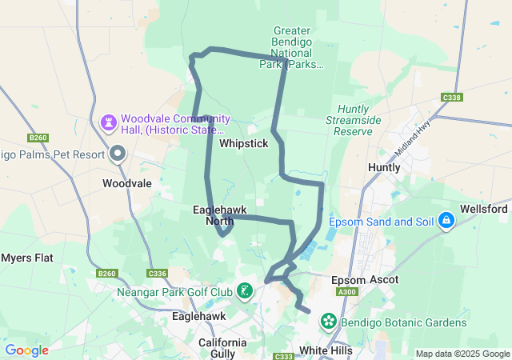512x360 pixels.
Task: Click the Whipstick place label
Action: coord(243,143)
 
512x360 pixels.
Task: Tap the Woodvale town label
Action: coord(127,183)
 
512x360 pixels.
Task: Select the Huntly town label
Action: coord(383,167)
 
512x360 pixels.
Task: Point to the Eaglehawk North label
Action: coord(219,215)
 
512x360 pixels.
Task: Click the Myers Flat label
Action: coord(26,258)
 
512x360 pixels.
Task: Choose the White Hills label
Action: coord(326,350)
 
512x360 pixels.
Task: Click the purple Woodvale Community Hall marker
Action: coord(108,122)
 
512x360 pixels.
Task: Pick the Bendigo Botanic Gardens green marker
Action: coord(328,322)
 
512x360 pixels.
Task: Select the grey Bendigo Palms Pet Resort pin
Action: coord(118,153)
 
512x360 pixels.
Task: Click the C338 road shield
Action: coord(451,98)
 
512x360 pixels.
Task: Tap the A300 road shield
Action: coord(347,293)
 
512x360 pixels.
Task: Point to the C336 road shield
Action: coord(157,274)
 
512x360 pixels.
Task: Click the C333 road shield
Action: coord(282,356)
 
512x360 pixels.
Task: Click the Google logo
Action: coord(26,350)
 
